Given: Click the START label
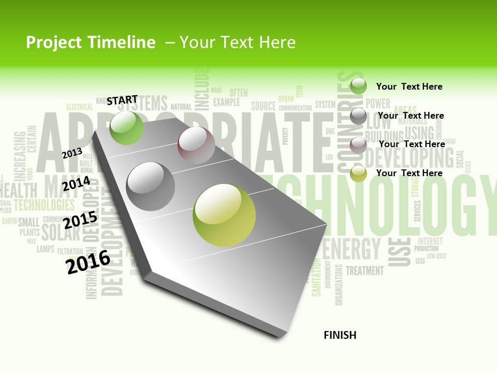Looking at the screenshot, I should click(122, 99).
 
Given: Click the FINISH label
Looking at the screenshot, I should click(340, 335).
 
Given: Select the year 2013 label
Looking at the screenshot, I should click(72, 153).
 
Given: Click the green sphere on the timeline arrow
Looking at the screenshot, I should click(126, 127).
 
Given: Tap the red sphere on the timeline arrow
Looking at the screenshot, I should click(196, 145).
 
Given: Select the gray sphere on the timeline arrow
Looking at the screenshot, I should click(151, 187).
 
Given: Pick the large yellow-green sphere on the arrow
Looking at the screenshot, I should click(224, 215).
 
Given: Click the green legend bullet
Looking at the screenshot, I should click(358, 86).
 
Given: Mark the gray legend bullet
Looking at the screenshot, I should click(358, 116).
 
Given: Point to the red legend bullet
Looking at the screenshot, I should click(358, 145).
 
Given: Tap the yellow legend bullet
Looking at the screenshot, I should click(358, 174).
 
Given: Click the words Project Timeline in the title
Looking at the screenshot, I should click(91, 42).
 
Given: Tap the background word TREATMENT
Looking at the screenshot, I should click(364, 270).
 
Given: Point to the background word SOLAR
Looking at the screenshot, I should click(61, 233).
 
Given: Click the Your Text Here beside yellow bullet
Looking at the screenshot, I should click(409, 173).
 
